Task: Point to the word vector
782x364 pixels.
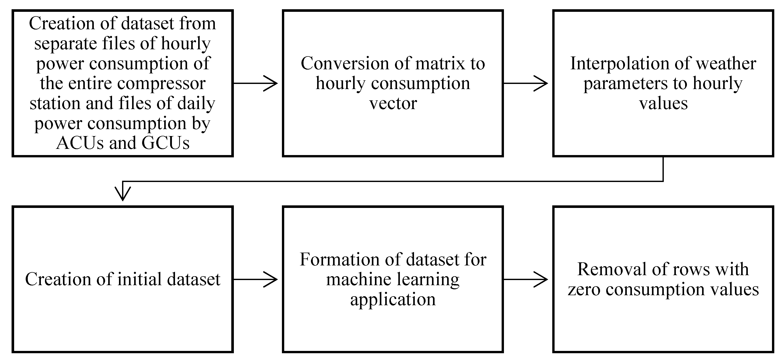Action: [x=393, y=103]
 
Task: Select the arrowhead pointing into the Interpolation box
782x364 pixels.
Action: [x=541, y=83]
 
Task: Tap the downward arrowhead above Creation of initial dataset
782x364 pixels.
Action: [x=123, y=194]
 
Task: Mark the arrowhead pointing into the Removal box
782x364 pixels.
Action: [x=541, y=279]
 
